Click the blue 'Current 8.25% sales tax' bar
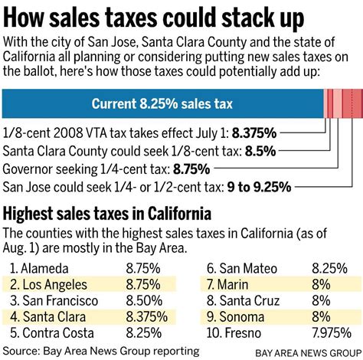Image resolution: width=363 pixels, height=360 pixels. [162, 104]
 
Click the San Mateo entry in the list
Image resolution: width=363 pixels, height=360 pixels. [241, 269]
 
